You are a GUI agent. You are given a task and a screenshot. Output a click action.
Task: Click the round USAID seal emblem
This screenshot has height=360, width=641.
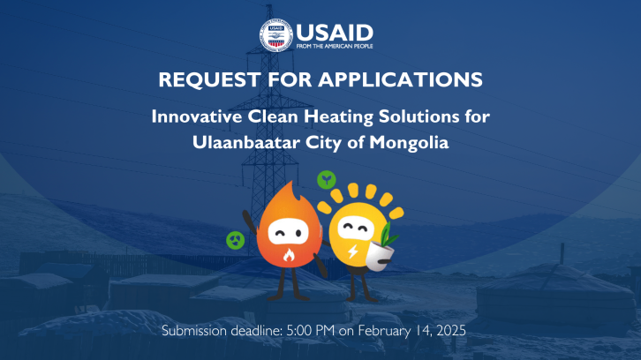276,35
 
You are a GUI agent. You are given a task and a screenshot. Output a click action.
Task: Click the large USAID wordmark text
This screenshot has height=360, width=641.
335,33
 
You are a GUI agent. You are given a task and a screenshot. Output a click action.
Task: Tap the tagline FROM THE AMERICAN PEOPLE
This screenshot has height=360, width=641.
335,46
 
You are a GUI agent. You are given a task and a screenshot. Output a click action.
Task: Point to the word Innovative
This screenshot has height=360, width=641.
197,116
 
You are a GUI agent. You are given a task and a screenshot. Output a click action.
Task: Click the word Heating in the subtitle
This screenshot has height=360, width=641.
338,117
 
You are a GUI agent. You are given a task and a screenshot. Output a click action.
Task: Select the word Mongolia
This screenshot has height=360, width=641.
409,143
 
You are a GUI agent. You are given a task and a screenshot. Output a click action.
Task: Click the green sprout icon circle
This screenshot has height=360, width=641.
327,179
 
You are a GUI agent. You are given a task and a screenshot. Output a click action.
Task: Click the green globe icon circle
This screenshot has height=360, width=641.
236,240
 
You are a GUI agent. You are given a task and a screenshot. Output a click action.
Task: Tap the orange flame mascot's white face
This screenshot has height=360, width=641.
288,232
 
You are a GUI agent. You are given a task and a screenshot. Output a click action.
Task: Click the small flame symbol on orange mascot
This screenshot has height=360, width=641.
289,255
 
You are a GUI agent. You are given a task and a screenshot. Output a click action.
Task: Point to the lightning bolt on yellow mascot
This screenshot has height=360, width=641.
352,251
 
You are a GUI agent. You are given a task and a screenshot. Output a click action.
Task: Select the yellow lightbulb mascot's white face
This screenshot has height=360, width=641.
355,228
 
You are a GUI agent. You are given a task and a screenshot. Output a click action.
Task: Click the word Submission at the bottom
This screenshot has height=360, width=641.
194,330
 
